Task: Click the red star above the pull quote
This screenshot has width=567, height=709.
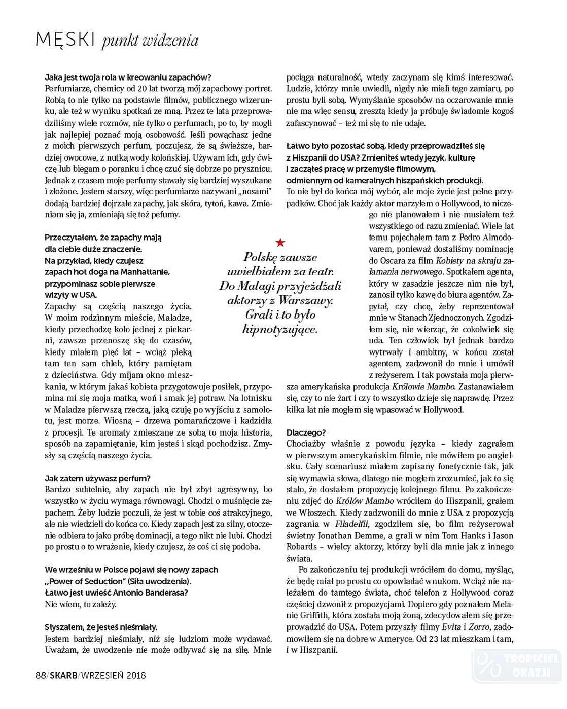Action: click(x=280, y=242)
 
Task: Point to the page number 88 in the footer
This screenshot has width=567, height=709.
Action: click(x=41, y=675)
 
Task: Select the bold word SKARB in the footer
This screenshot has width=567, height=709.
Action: click(x=64, y=675)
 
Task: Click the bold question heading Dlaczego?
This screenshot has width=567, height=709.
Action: click(x=306, y=432)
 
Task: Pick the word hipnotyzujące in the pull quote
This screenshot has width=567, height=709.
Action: click(x=280, y=330)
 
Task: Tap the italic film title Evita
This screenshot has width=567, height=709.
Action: click(x=451, y=627)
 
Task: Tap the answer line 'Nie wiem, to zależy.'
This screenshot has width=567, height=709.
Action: click(x=81, y=604)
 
